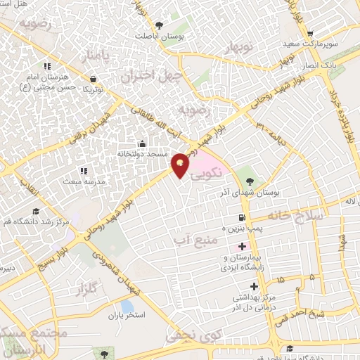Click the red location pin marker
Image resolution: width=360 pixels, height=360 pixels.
click(181, 165)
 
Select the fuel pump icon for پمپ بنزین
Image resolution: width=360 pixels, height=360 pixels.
click(242, 218)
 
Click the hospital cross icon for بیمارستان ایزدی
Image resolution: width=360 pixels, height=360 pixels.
click(243, 247)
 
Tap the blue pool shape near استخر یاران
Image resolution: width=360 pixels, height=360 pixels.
click(127, 306)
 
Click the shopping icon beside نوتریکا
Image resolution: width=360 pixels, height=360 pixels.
click(94, 80)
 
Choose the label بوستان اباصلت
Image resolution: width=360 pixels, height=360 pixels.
click(162, 35)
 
